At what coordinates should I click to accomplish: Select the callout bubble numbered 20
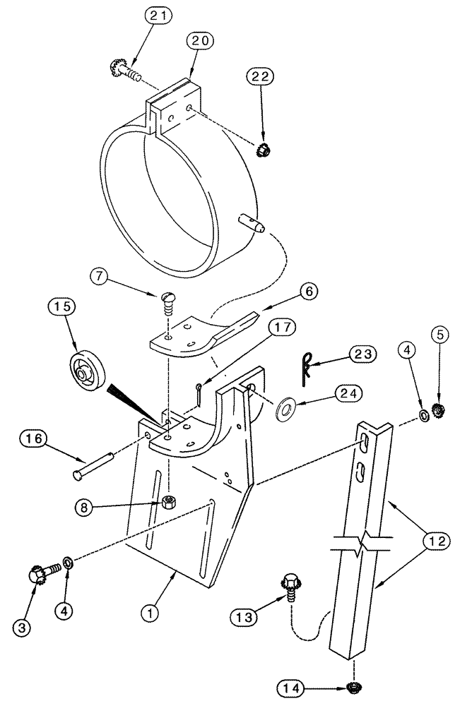pyautogui.click(x=199, y=41)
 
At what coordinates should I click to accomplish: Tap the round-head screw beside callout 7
pyautogui.click(x=168, y=304)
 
